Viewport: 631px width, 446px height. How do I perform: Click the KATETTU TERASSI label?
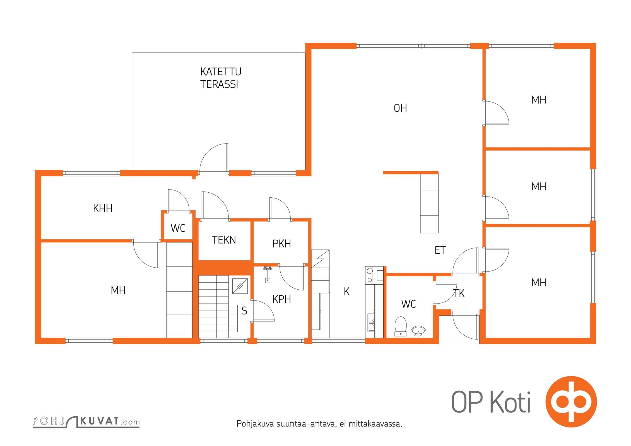pyautogui.click(x=221, y=78)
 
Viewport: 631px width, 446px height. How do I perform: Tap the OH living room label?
pyautogui.click(x=400, y=108)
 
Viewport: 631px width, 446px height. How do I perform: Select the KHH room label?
pyautogui.click(x=103, y=208)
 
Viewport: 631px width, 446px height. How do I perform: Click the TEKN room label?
pyautogui.click(x=224, y=240)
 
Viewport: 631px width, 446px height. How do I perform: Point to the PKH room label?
pyautogui.click(x=281, y=244)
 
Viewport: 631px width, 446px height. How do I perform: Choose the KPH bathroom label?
pyautogui.click(x=281, y=299)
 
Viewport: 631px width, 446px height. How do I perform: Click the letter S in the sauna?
pyautogui.click(x=244, y=311)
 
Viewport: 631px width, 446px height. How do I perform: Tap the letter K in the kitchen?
pyautogui.click(x=346, y=292)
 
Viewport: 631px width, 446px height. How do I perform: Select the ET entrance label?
pyautogui.click(x=440, y=250)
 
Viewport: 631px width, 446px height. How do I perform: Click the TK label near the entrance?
pyautogui.click(x=459, y=293)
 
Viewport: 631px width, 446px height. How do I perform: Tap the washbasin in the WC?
pyautogui.click(x=418, y=331)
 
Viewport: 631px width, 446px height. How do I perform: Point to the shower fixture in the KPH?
pyautogui.click(x=267, y=274)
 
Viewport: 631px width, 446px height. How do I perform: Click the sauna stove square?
pyautogui.click(x=240, y=286)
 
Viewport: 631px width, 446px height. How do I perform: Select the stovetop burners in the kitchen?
pyautogui.click(x=370, y=275)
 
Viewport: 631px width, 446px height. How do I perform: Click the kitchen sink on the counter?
pyautogui.click(x=371, y=323)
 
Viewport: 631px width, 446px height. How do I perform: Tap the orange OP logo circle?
pyautogui.click(x=571, y=402)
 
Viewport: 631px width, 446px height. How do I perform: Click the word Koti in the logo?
pyautogui.click(x=510, y=402)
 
